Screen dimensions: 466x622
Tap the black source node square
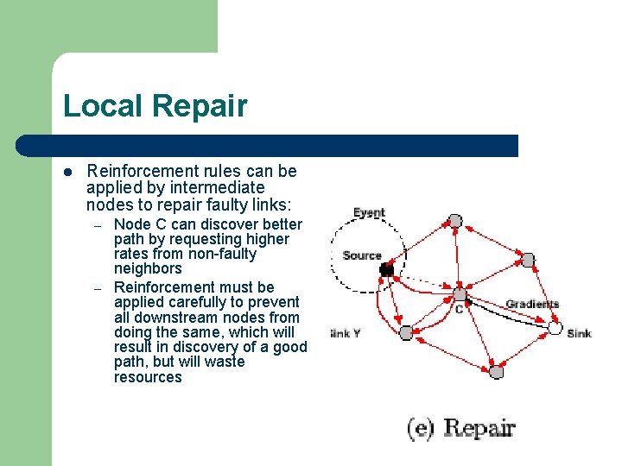387,270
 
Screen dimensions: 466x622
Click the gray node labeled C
460,294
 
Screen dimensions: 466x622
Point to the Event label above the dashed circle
369,213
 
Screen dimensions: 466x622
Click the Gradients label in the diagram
532,304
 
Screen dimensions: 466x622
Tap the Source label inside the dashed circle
361,255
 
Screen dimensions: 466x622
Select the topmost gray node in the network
455,221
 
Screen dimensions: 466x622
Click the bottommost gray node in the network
496,372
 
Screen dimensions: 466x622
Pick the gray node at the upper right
528,260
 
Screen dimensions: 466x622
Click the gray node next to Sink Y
406,332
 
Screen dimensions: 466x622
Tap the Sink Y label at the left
345,333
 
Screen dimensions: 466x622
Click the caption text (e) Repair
461,429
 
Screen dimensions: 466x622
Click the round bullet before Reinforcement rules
69,172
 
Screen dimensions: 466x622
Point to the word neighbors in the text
148,268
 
